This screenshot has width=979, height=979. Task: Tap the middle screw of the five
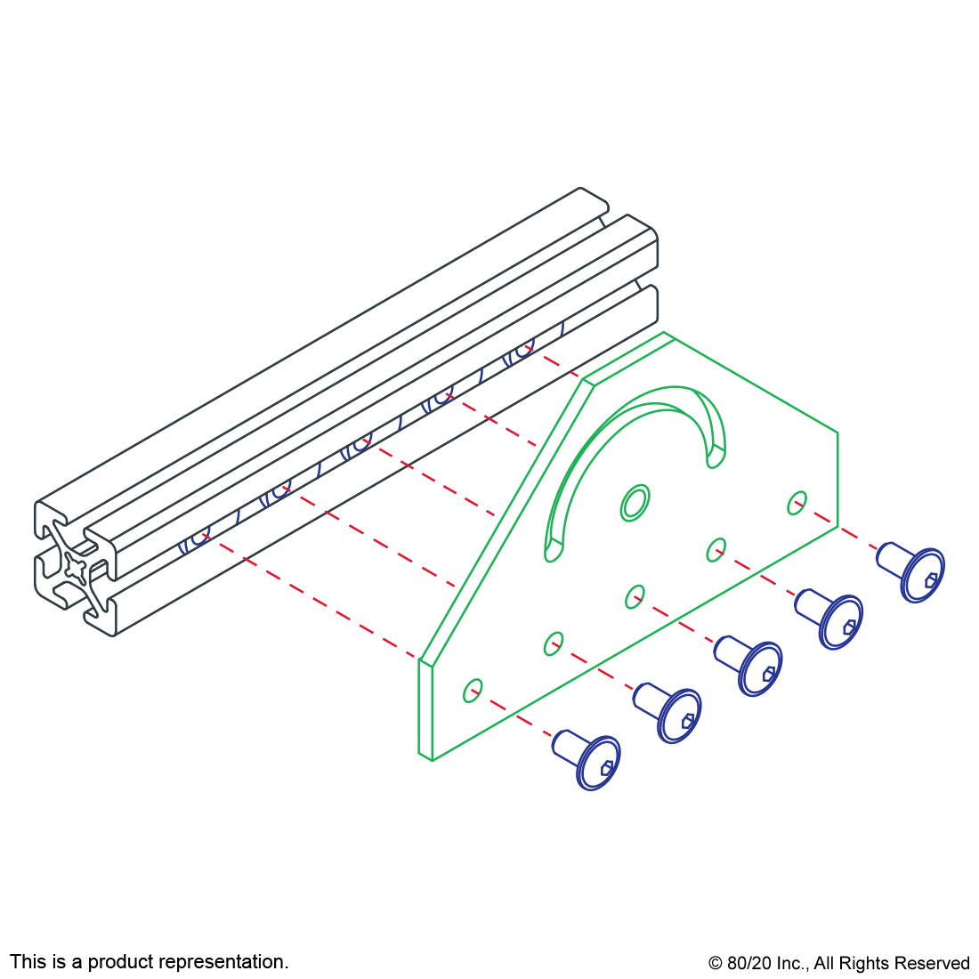(x=753, y=666)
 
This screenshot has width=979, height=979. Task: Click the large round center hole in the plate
(x=635, y=503)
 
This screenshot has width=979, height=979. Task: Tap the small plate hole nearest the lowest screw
(x=473, y=691)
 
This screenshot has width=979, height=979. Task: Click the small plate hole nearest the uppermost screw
(x=797, y=502)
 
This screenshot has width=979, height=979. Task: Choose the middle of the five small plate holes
(x=635, y=596)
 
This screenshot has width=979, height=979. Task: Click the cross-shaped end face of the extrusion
(x=76, y=564)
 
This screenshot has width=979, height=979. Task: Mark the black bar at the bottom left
(x=149, y=963)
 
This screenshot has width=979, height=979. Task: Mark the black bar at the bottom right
(x=838, y=965)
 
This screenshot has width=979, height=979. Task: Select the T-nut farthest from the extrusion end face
(x=520, y=354)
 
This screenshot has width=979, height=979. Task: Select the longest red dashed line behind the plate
(x=311, y=597)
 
